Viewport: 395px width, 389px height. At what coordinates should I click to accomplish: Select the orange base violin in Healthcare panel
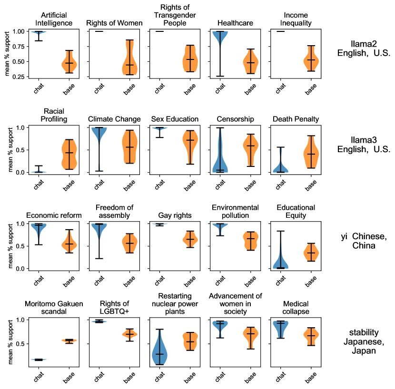[250, 63]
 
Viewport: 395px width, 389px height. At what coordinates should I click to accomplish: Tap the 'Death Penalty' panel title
[296, 118]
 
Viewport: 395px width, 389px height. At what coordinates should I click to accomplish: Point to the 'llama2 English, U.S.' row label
[363, 49]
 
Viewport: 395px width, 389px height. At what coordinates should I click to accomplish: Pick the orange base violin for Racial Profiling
[69, 155]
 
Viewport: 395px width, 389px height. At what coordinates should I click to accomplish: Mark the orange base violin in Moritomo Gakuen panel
[69, 340]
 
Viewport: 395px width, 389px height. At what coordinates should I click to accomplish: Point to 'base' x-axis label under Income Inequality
[309, 89]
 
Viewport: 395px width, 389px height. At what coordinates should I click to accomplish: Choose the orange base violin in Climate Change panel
[129, 146]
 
